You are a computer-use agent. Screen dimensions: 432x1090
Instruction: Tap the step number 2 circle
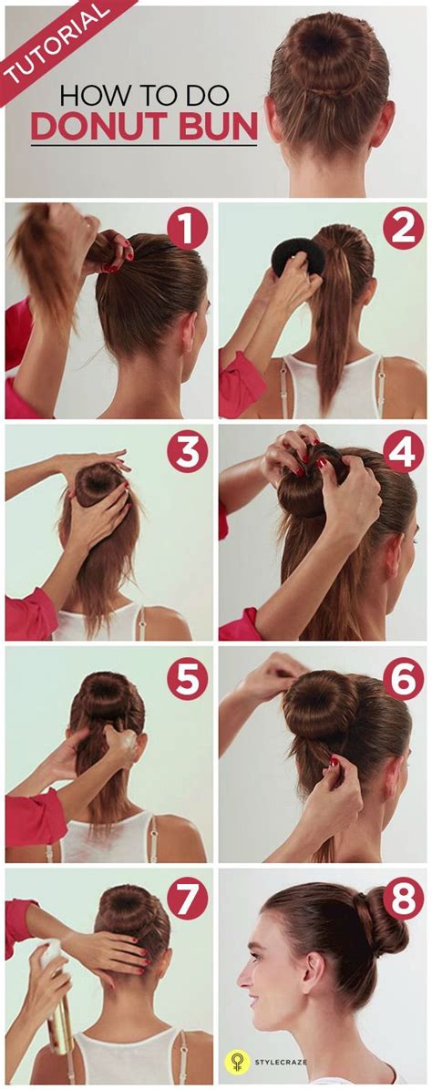(404, 227)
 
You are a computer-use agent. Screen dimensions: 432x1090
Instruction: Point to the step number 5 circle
(187, 678)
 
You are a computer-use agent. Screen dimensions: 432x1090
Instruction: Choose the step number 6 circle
(404, 678)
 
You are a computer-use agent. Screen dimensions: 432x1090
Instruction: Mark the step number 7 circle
(187, 899)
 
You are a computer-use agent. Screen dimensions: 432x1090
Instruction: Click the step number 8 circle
(404, 899)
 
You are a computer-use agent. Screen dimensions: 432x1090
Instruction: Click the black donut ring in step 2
(298, 256)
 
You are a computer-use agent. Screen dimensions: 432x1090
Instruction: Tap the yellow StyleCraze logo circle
(237, 1062)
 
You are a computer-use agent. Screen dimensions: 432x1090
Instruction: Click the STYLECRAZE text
(281, 1062)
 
